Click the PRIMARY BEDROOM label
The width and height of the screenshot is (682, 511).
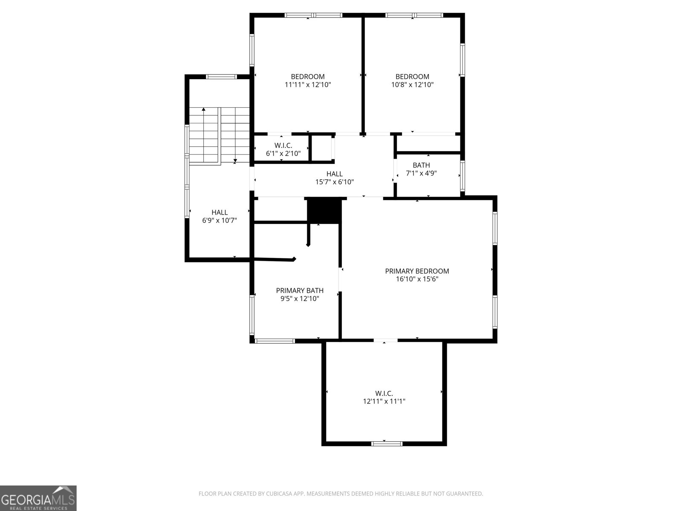tap(417, 271)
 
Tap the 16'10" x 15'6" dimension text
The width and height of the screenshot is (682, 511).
tap(417, 279)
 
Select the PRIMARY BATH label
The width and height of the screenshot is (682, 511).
tap(300, 291)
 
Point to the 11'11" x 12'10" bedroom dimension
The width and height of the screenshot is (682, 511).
tap(308, 85)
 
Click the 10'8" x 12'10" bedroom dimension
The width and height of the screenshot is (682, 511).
tap(412, 85)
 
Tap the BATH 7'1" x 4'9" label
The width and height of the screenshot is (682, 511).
tap(421, 169)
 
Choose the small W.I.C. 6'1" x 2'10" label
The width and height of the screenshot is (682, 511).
tap(283, 149)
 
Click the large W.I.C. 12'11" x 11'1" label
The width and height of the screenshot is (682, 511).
tap(384, 397)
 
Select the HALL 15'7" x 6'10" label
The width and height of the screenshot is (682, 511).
tap(335, 178)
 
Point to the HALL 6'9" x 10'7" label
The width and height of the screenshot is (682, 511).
tap(220, 216)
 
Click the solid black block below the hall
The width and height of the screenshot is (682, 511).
tap(324, 210)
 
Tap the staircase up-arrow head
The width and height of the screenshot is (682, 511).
tap(204, 110)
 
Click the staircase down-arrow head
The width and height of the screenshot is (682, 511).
tap(235, 161)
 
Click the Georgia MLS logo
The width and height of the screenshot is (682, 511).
tap(38, 498)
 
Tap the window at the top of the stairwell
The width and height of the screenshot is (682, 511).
tap(221, 77)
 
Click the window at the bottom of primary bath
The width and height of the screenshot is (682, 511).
tap(275, 341)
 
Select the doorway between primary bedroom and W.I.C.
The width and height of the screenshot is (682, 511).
tap(385, 340)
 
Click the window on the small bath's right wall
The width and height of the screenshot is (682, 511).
tap(462, 175)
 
